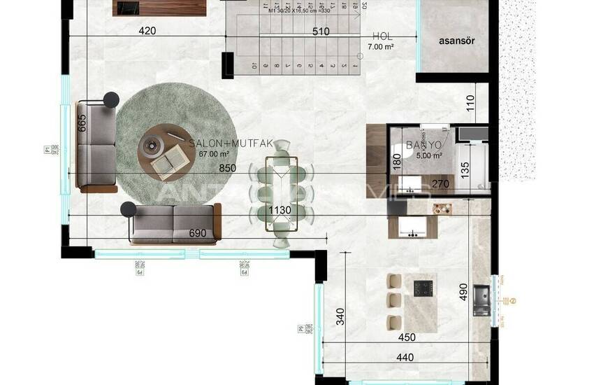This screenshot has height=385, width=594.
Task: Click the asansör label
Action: (x=457, y=41)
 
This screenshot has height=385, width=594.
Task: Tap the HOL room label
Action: (x=383, y=36)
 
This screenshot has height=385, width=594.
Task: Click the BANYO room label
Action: (x=423, y=146)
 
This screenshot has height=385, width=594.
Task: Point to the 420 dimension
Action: (x=147, y=31)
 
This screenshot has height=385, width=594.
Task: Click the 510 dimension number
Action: (x=321, y=31)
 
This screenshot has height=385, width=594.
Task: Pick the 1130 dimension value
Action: (x=279, y=209)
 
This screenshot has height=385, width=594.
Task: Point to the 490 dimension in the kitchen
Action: (x=463, y=290)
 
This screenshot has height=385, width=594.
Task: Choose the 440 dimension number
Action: (x=404, y=357)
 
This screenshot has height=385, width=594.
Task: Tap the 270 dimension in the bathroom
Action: (x=440, y=185)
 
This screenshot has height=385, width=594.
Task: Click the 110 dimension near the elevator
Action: (x=470, y=104)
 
